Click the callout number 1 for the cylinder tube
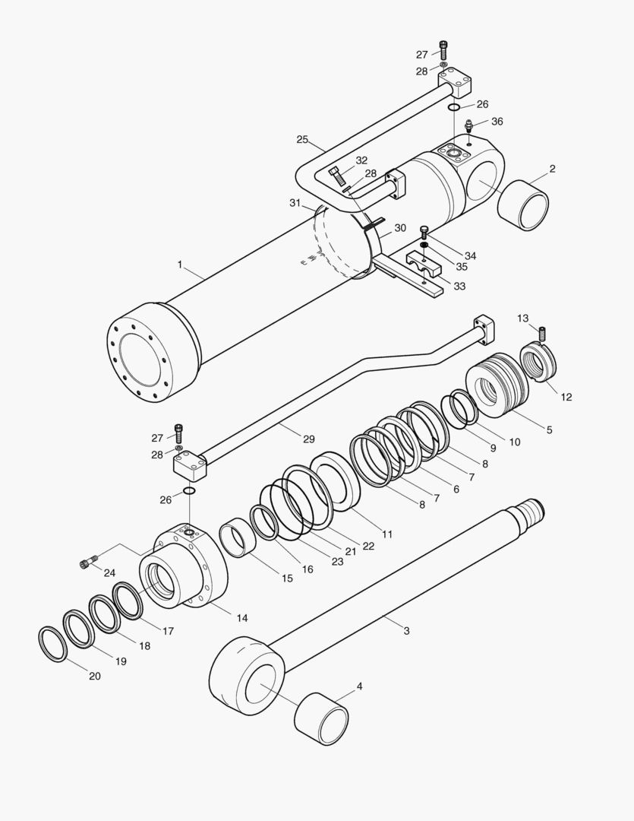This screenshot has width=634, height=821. pos(179,265)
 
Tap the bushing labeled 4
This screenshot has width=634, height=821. pos(321,718)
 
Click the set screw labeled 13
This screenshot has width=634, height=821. pos(543,333)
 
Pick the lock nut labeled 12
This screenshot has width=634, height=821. pos(539,361)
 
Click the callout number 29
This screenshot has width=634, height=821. pos(309,439)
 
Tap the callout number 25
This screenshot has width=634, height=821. pos(302,140)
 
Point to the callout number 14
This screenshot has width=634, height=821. pos(241,618)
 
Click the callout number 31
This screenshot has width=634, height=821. pos(295,202)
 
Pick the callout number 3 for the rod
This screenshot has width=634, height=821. pos(406,631)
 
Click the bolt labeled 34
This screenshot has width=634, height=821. pos(424,230)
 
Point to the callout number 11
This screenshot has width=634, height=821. pos(387,534)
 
